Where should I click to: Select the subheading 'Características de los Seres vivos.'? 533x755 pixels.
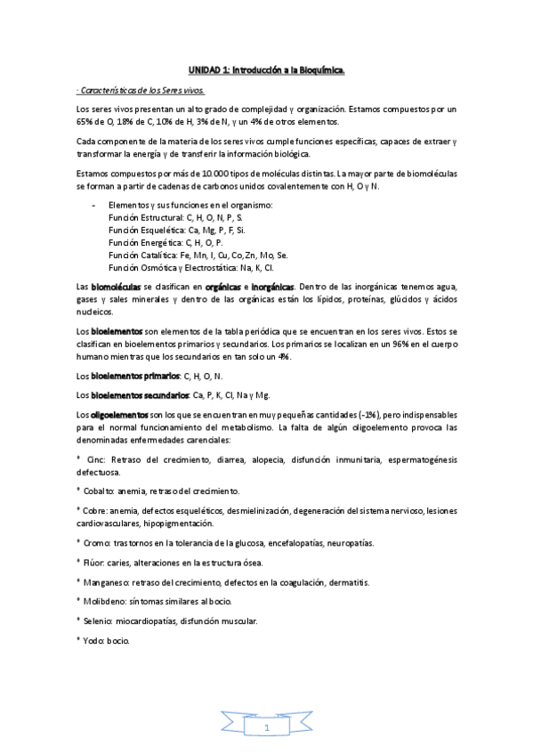coord(142,90)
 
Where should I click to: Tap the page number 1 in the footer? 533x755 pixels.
coord(266,728)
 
